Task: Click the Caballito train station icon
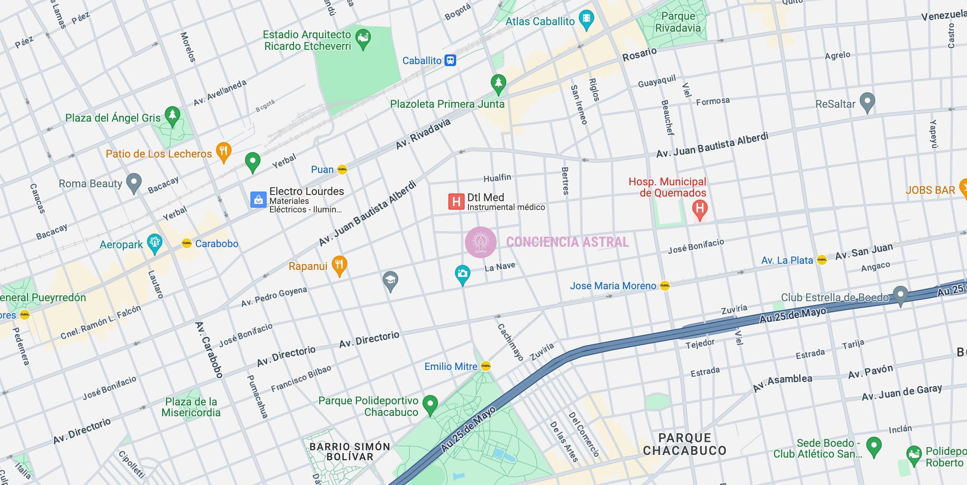point(450,61)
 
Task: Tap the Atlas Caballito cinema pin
point(586,19)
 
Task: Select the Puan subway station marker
point(342,170)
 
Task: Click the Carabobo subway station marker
point(187,243)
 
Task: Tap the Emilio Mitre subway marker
point(486,366)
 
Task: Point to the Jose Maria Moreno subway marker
point(665,286)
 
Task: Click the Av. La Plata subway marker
point(822,260)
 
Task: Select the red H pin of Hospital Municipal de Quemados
point(700,209)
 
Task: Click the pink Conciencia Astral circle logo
point(481,242)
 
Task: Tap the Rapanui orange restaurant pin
point(339,265)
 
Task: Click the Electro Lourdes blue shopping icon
point(258,200)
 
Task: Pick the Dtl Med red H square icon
point(456,202)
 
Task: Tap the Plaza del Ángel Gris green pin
point(172,115)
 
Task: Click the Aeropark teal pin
point(155,243)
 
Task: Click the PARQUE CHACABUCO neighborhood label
point(685,444)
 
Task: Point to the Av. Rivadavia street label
point(423,134)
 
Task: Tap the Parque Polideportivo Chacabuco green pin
point(430,404)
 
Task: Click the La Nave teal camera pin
point(462,274)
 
